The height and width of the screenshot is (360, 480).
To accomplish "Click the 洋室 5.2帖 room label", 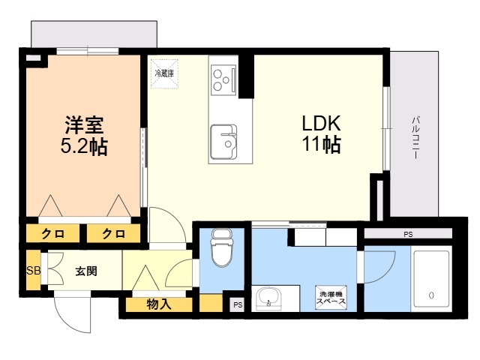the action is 84,136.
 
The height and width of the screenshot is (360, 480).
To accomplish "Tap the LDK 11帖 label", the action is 322,133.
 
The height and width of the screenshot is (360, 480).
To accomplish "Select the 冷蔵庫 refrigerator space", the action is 164,73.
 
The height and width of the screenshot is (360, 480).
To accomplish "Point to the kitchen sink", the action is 223,142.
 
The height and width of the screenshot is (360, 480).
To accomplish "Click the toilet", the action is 222,248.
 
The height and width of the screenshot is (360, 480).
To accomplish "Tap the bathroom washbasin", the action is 269,298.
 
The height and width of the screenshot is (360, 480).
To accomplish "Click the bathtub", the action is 431,280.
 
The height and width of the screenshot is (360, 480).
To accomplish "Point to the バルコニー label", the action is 415,137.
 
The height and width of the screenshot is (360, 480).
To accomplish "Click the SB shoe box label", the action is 33,271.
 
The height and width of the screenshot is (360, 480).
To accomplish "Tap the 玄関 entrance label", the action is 86,271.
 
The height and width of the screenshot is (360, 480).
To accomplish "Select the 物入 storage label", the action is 159,304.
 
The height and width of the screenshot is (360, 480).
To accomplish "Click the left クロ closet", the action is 53,233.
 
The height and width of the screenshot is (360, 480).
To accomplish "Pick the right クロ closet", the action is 113,233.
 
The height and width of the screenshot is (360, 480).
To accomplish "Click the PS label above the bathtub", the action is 408,235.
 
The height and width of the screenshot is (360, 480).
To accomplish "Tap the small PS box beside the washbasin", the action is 238,305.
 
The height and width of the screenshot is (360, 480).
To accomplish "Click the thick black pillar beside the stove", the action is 247,76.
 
